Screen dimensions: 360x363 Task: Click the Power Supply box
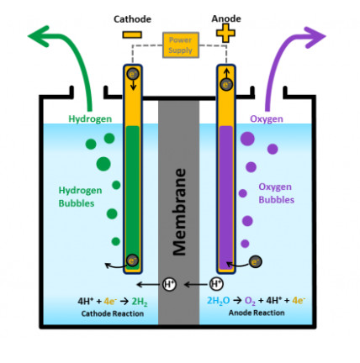pyautogui.click(x=181, y=45)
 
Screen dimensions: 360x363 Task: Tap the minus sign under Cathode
pyautogui.click(x=132, y=34)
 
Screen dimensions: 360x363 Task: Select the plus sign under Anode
pyautogui.click(x=225, y=33)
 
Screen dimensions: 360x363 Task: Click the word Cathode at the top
pyautogui.click(x=132, y=19)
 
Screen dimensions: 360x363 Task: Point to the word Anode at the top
pyautogui.click(x=226, y=18)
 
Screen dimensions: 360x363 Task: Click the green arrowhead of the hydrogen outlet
pyautogui.click(x=40, y=36)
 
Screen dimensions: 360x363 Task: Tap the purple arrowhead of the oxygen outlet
pyautogui.click(x=315, y=36)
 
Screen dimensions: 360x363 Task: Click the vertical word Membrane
pyautogui.click(x=179, y=212)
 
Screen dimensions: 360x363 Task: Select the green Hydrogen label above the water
pyautogui.click(x=90, y=118)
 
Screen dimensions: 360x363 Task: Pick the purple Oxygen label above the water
pyautogui.click(x=267, y=118)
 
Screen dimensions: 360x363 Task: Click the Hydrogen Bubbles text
pyautogui.click(x=80, y=197)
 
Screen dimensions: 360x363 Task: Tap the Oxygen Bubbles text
pyautogui.click(x=277, y=193)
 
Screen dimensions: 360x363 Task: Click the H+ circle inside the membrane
pyautogui.click(x=169, y=284)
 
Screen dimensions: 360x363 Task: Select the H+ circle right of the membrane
pyautogui.click(x=216, y=284)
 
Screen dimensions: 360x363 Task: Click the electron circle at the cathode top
pyautogui.click(x=133, y=74)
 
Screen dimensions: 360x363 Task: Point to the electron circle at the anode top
pyautogui.click(x=226, y=84)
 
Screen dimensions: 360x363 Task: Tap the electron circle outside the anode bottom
pyautogui.click(x=256, y=262)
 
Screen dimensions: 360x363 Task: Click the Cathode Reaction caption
pyautogui.click(x=113, y=313)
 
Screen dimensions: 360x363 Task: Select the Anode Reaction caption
pyautogui.click(x=257, y=313)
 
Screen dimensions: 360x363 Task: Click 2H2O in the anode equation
pyautogui.click(x=218, y=301)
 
